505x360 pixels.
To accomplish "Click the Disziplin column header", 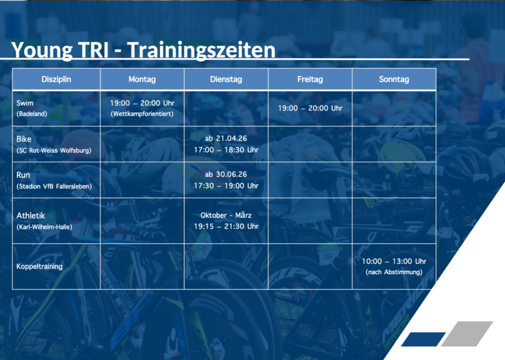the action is (56, 79).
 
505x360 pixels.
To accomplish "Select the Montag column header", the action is (142, 79).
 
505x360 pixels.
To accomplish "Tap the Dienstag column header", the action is (226, 79).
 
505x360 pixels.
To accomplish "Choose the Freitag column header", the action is (310, 79).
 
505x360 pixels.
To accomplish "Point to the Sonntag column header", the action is (394, 79).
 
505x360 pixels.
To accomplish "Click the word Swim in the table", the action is (25, 103).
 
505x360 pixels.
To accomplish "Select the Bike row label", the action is (24, 139).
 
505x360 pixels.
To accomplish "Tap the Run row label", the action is (23, 175).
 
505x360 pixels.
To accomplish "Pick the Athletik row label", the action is (31, 216).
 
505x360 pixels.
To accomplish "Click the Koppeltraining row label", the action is (39, 266).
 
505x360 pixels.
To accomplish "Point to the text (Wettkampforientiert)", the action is (142, 113).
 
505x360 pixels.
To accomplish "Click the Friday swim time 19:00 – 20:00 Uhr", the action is (310, 108).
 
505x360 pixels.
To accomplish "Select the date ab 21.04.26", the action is (226, 139).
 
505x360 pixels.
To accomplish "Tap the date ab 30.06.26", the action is (226, 174).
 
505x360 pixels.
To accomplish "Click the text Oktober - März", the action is (226, 215).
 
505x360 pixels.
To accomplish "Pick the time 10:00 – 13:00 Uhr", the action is (394, 261).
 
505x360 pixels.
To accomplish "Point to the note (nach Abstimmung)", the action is (394, 272).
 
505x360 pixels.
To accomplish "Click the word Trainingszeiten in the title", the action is (201, 50).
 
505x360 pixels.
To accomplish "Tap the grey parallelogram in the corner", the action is (467, 333).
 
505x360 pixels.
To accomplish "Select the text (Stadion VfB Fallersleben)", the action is (54, 186).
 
